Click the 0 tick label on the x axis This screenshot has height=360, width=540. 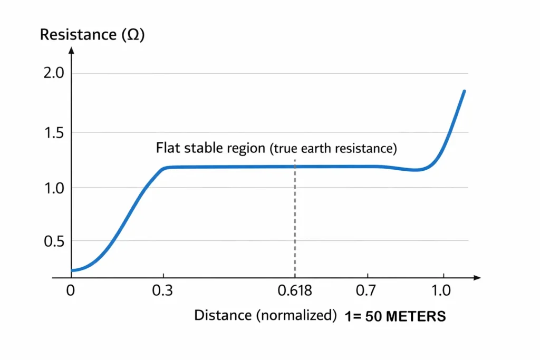(x=70, y=290)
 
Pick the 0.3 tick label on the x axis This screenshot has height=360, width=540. (x=163, y=290)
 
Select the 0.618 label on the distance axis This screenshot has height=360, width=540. (x=294, y=290)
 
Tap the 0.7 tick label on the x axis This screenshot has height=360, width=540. (x=369, y=290)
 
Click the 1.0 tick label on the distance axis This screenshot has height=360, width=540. (x=442, y=290)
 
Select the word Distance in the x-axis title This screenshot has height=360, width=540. (x=223, y=315)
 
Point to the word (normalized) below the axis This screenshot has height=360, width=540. (x=296, y=315)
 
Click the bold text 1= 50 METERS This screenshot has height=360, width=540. (x=396, y=316)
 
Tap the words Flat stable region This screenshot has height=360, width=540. (x=210, y=148)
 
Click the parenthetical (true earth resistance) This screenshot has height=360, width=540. (x=333, y=149)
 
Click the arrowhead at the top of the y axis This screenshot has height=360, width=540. (x=71, y=51)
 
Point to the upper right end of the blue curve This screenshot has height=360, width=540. (x=464, y=91)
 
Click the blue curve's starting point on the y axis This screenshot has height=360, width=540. (x=72, y=270)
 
